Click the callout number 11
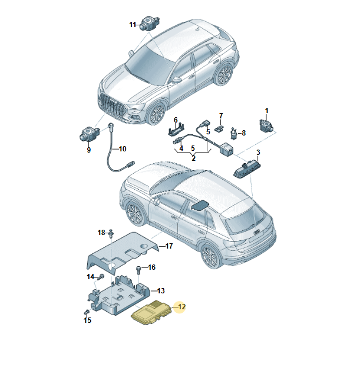[133, 25]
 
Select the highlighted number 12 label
[182, 307]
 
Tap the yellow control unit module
[151, 313]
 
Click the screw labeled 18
[111, 233]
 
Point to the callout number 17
[169, 246]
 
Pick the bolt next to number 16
[138, 270]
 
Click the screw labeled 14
[101, 277]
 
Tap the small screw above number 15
[87, 312]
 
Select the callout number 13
[161, 290]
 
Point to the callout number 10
[123, 149]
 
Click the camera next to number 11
[149, 24]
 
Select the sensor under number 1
[266, 125]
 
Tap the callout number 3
[258, 152]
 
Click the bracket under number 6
[176, 130]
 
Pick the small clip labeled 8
[233, 134]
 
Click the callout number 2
[194, 158]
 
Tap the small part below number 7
[219, 128]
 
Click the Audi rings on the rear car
[257, 232]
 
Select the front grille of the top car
[111, 106]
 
